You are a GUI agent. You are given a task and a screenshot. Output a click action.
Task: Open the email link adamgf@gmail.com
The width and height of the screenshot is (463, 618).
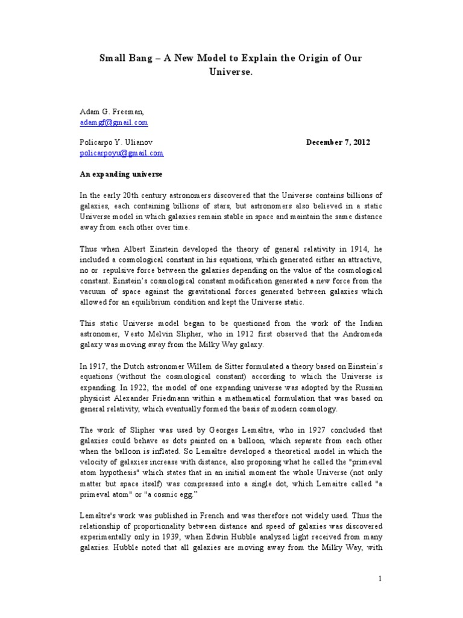coord(114,123)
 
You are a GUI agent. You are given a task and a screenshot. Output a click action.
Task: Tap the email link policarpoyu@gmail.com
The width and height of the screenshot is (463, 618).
coord(122,153)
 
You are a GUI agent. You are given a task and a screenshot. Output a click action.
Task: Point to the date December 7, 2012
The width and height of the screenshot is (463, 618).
coord(338,143)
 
